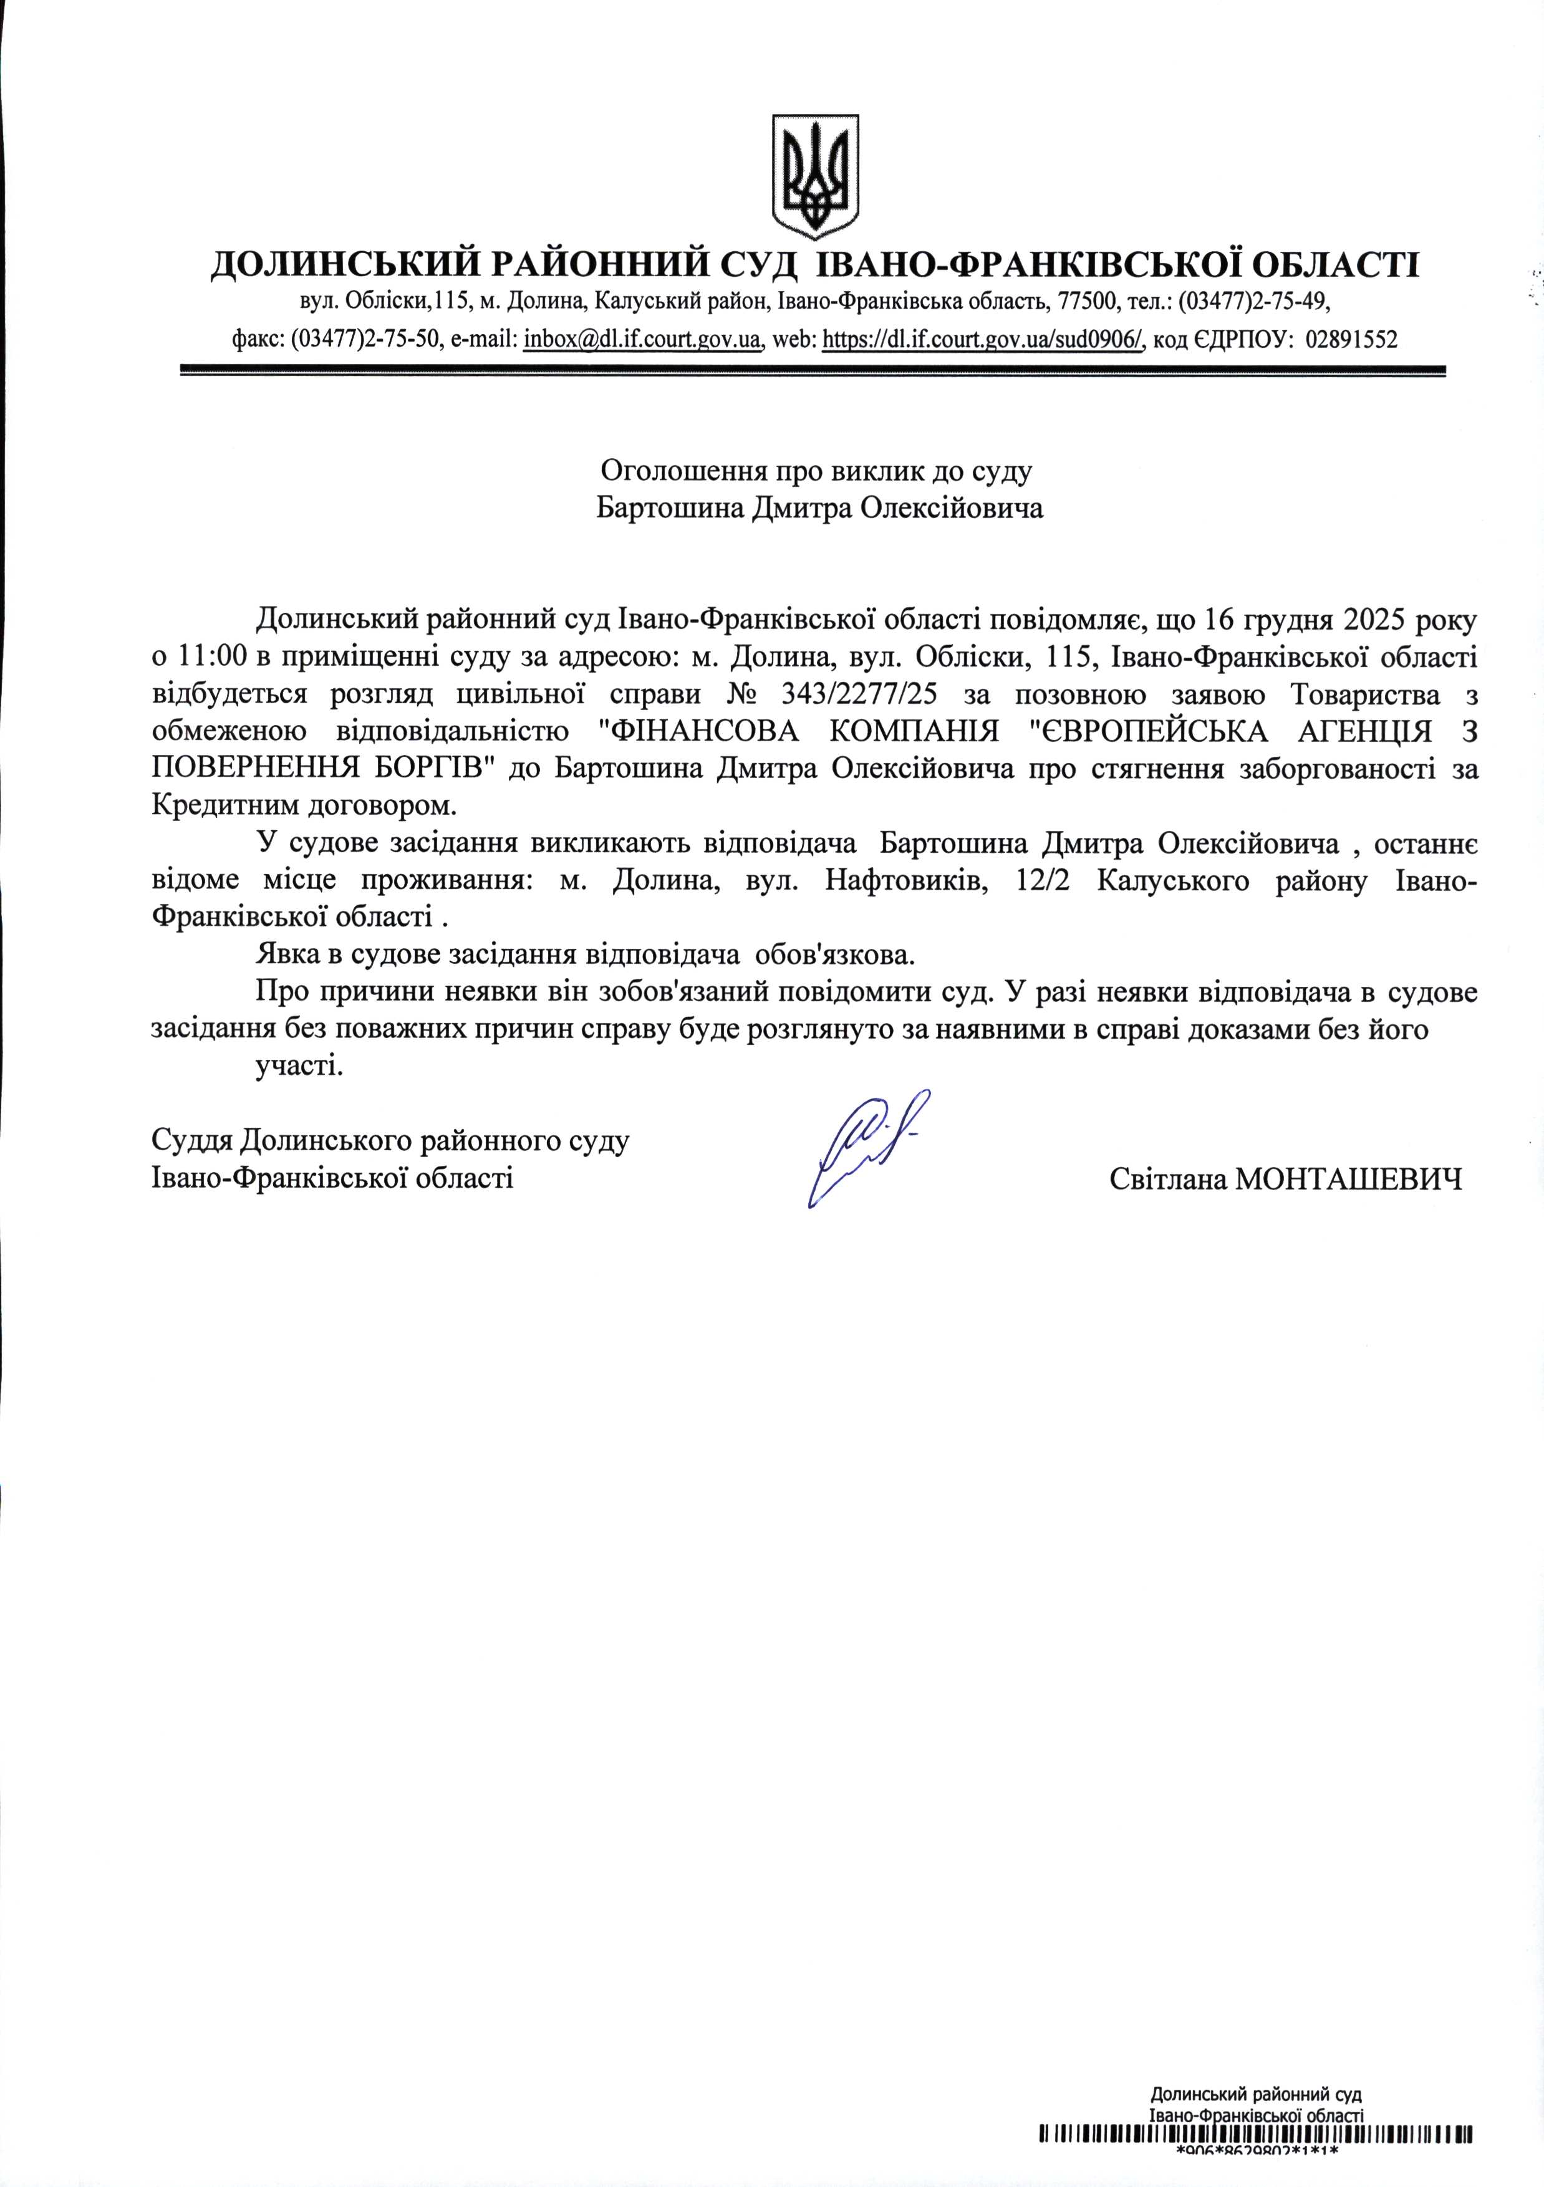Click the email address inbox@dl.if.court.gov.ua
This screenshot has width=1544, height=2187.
pyautogui.click(x=643, y=340)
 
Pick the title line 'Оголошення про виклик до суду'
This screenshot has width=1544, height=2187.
pyautogui.click(x=816, y=471)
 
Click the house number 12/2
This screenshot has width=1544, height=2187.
pyautogui.click(x=1043, y=880)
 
